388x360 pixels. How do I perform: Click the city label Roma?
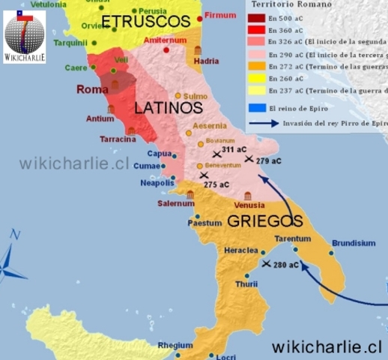93,89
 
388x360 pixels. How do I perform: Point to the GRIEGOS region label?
265,220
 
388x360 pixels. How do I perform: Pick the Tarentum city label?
292,238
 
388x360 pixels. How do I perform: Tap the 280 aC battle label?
285,265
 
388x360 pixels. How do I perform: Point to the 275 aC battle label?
216,184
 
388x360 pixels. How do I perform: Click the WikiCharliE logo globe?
24,30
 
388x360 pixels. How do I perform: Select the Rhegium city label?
176,345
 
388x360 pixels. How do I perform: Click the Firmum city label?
221,15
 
